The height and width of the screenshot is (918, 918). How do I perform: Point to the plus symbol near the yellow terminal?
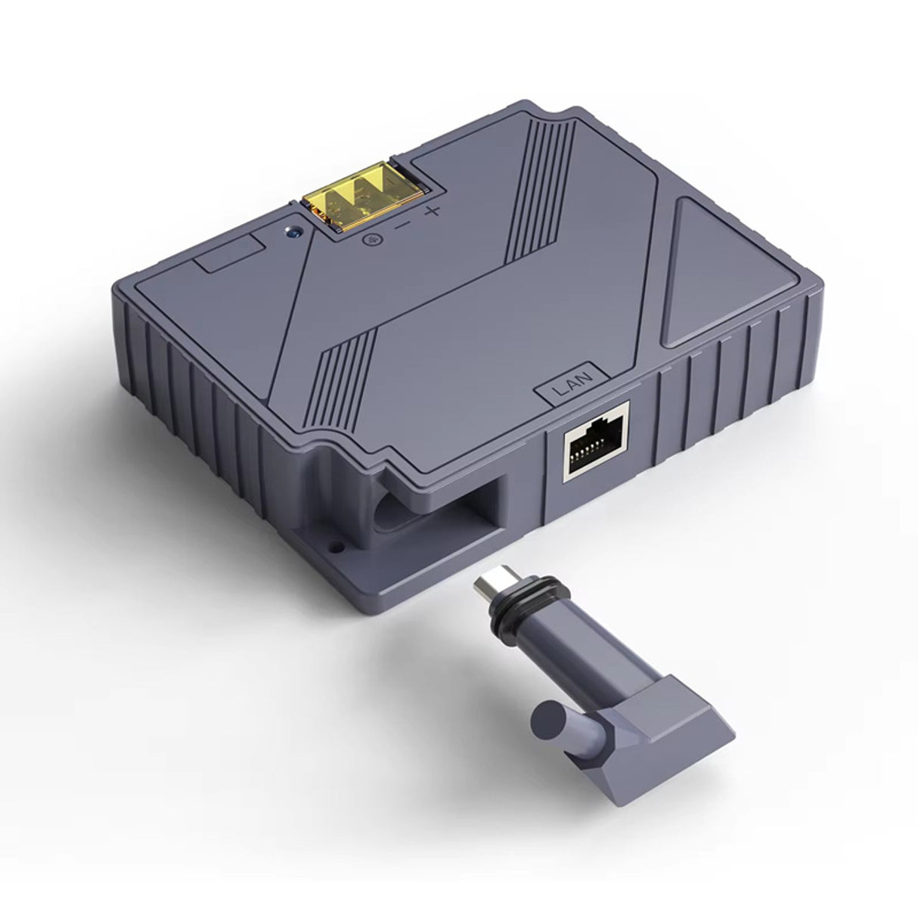coord(432,211)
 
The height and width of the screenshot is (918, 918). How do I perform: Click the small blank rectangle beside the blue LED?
coord(229,253)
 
